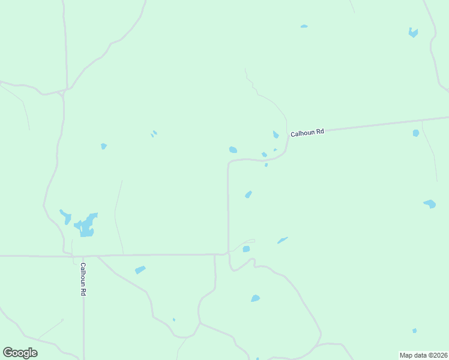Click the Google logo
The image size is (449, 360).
click(20, 353)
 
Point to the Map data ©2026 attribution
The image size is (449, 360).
click(423, 355)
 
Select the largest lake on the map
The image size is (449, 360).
click(86, 226)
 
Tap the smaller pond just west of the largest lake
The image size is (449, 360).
click(65, 215)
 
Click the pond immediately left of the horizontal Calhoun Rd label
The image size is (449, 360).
click(276, 134)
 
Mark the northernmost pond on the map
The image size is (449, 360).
click(304, 26)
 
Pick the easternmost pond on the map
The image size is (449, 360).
click(430, 204)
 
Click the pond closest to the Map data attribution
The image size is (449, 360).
click(414, 331)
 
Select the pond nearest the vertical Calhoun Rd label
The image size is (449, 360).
click(140, 270)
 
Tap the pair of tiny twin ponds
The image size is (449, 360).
click(154, 133)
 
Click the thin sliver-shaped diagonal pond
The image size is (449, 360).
click(282, 241)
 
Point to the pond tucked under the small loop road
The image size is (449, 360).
click(246, 249)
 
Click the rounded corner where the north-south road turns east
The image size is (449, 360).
click(230, 163)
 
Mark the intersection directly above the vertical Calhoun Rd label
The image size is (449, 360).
click(83, 256)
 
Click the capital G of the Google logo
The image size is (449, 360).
click(8, 352)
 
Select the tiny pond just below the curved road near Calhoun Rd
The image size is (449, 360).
click(266, 165)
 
